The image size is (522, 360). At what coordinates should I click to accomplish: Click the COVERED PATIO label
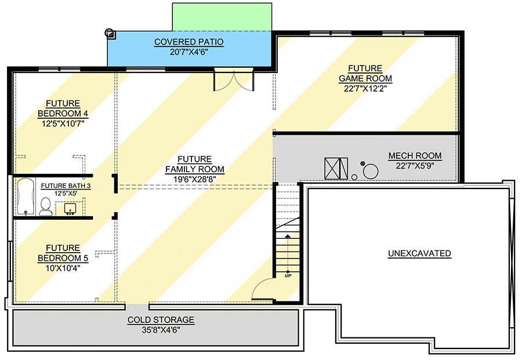click(x=188, y=42)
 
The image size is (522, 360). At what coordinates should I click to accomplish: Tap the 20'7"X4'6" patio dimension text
click(x=188, y=52)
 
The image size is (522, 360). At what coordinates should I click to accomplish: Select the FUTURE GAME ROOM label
click(x=365, y=74)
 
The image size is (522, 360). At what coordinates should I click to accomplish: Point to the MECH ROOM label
click(x=415, y=156)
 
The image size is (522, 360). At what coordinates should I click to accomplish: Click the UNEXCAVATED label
click(x=419, y=253)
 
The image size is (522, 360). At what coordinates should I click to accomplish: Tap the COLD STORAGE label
click(x=161, y=320)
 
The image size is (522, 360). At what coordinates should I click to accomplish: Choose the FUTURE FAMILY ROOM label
click(x=195, y=164)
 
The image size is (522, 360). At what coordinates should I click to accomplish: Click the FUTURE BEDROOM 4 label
click(x=63, y=108)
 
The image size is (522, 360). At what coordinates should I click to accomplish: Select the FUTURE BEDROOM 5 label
click(x=63, y=253)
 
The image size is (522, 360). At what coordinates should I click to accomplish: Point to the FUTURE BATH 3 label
click(x=66, y=186)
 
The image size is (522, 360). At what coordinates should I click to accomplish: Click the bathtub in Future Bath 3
click(x=26, y=197)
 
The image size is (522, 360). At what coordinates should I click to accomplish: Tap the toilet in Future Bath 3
click(x=45, y=206)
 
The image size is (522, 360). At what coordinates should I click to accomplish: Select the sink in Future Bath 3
click(x=70, y=209)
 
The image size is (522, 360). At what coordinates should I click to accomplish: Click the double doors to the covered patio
click(x=234, y=80)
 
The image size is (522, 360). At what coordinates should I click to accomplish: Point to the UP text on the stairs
click(x=288, y=276)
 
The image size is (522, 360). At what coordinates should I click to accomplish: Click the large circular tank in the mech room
click(x=371, y=172)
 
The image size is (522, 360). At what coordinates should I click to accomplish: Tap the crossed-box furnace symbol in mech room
click(x=336, y=168)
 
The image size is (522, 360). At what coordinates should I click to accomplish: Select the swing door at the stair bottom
click(x=263, y=290)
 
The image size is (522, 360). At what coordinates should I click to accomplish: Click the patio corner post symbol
click(x=110, y=33)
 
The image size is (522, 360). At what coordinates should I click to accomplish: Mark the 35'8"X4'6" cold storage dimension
click(x=161, y=330)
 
